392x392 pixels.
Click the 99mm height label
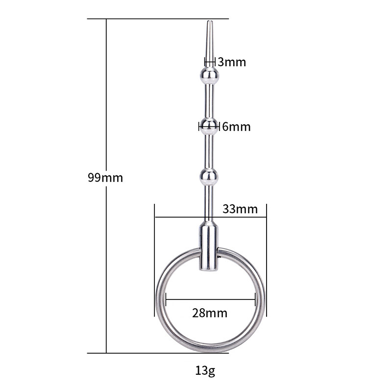[105, 178]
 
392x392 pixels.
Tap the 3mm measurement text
[232, 62]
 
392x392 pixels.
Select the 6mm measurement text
[236, 127]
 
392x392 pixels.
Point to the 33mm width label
[240, 209]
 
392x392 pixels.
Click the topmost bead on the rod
[209, 75]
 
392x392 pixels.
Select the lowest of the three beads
[209, 176]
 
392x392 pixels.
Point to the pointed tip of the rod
[209, 24]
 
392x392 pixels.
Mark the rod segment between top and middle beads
[209, 100]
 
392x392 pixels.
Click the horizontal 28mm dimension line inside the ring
[211, 297]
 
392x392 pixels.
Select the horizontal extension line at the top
[157, 19]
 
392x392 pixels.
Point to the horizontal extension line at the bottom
[157, 353]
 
